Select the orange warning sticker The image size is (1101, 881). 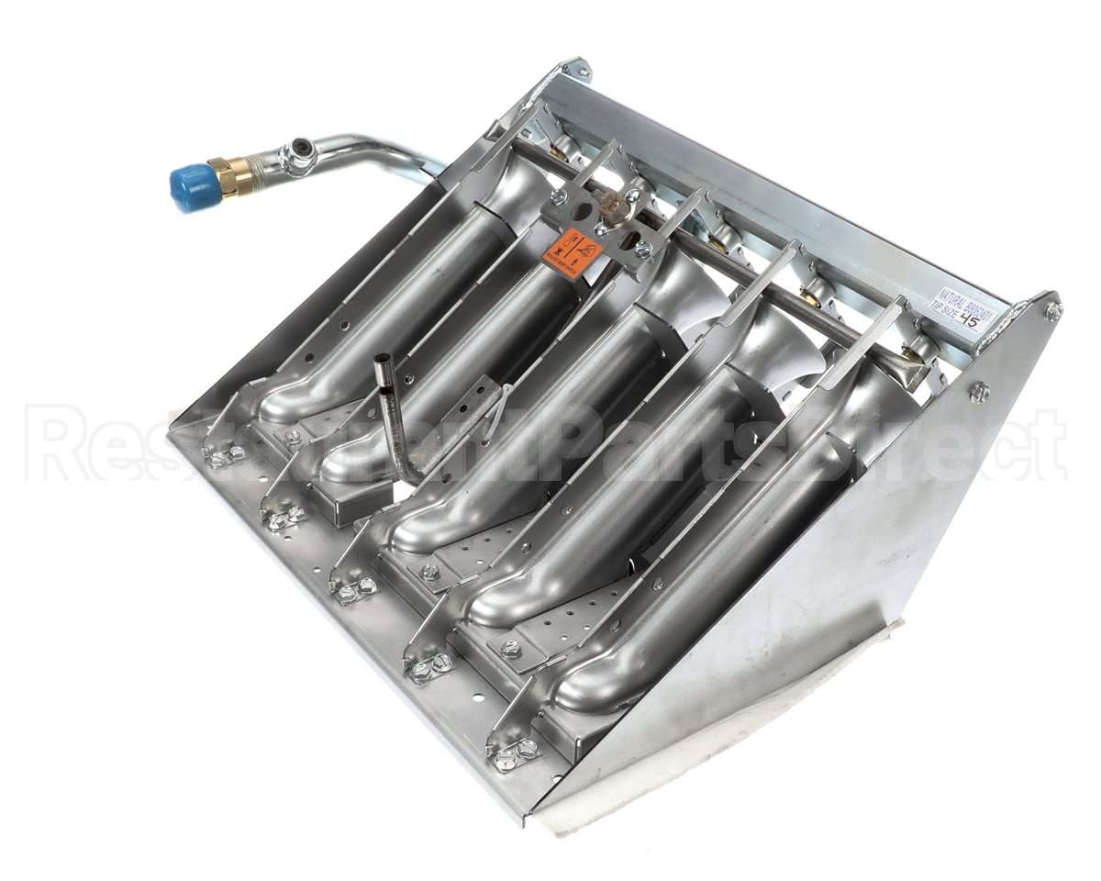coord(569,249)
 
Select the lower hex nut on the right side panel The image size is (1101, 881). coord(979,393)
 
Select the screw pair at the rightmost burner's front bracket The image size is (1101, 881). coord(515,754)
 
